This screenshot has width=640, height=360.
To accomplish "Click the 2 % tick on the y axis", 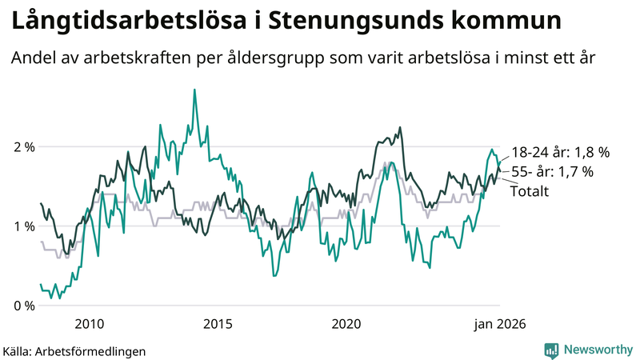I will [24, 147].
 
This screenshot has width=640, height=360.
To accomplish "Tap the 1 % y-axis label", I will [24, 226].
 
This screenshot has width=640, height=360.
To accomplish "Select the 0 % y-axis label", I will [24, 306].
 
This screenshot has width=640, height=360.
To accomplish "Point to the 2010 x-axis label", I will [89, 324].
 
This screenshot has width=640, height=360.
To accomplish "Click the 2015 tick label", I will [218, 324].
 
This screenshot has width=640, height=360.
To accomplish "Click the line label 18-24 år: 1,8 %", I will [560, 152].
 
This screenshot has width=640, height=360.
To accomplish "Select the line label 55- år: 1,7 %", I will [552, 171].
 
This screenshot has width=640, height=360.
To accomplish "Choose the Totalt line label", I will [529, 190].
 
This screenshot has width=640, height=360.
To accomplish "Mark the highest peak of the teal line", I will [194, 90].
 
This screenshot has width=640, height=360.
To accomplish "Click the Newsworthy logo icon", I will [551, 350].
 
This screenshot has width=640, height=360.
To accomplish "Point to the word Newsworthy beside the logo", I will [597, 350].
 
